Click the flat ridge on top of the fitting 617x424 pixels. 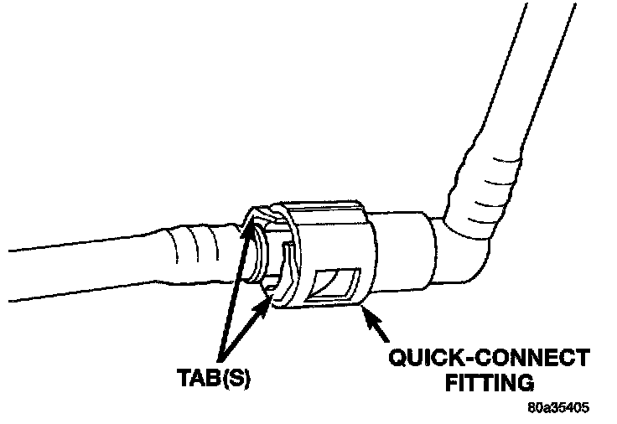click(323, 208)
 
